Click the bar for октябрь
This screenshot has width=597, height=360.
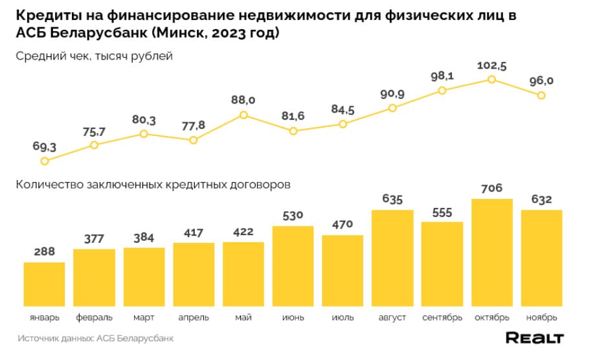[x=491, y=252]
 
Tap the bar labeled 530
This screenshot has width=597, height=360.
[x=293, y=265]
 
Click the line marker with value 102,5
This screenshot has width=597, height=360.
[x=491, y=79]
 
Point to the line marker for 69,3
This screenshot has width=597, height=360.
[x=44, y=161]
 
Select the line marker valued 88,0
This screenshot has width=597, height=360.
[x=243, y=115]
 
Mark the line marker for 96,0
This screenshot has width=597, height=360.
[x=541, y=95]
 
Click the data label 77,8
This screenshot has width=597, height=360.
[x=193, y=124]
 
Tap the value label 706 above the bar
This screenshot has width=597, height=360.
[x=491, y=188]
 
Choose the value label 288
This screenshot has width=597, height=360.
[x=44, y=252]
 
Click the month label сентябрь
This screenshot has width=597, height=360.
[x=442, y=318]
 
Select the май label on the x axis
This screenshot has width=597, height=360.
[x=243, y=318]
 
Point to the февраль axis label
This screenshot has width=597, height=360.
[x=94, y=318]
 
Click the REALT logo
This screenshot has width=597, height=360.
[x=534, y=338]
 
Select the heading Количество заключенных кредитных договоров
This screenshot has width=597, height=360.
[x=153, y=185]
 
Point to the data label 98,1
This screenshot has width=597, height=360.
[x=442, y=76]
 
